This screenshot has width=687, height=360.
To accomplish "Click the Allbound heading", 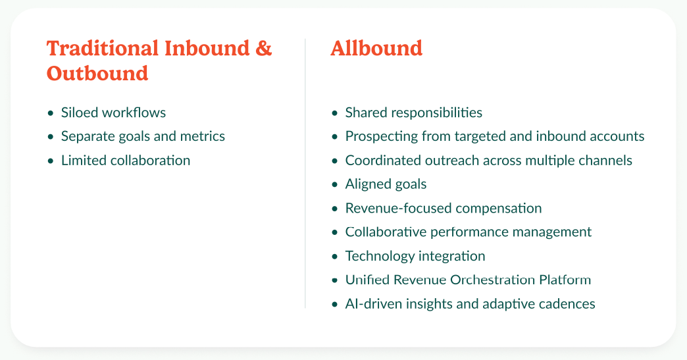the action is pos(376,48).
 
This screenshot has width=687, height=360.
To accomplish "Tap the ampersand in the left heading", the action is pos(263,48).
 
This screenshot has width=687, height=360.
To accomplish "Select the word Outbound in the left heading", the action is pos(97,73).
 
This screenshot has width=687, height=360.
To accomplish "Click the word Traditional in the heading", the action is pos(103,48).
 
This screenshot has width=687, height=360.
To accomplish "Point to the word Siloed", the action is pos(80,113).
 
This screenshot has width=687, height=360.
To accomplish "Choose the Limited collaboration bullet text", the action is pos(126,161).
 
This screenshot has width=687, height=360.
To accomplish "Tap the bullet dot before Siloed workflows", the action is pos(51,113).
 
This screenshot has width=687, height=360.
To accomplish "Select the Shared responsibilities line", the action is pos(414,113).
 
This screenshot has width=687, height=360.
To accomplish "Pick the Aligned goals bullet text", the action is pos(386,184).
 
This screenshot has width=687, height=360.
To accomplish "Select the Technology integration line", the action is pos(415,256).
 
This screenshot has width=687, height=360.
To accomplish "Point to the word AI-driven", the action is pos(373,303).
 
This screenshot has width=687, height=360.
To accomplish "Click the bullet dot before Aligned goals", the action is pos(335,185).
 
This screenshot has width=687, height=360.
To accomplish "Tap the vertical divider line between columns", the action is pos(305,174).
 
